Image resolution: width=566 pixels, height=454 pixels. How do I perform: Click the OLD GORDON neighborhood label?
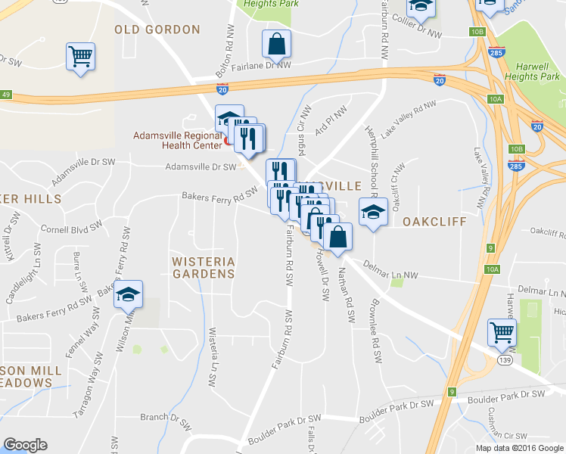coord(157,30)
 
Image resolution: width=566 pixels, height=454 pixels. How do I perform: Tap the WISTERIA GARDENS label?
coord(204,267)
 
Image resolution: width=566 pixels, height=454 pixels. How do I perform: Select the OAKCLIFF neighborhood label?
coord(431,222)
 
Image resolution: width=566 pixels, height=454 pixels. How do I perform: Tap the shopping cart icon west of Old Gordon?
coord(80,57)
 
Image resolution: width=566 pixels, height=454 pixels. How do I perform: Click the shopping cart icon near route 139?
coord(502,331)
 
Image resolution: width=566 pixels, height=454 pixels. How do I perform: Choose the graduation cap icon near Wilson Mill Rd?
coord(128,294)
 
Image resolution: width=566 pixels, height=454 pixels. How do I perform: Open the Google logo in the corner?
coord(26,445)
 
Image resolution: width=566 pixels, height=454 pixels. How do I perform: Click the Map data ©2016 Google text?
coord(519,448)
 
